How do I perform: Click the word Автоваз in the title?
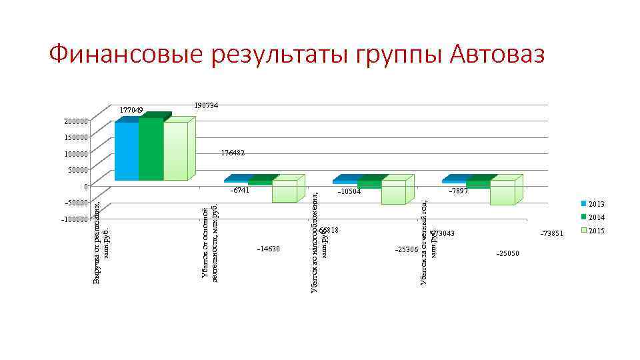(497, 54)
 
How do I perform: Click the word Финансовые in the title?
(127, 54)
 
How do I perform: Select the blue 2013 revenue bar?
(127, 150)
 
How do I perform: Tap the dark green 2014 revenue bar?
(151, 149)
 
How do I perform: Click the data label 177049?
(131, 110)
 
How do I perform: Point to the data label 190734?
(207, 105)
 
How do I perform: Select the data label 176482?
(233, 153)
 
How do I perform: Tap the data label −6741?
(239, 190)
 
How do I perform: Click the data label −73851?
(553, 234)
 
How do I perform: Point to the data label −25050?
(507, 254)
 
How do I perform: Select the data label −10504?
(349, 191)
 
